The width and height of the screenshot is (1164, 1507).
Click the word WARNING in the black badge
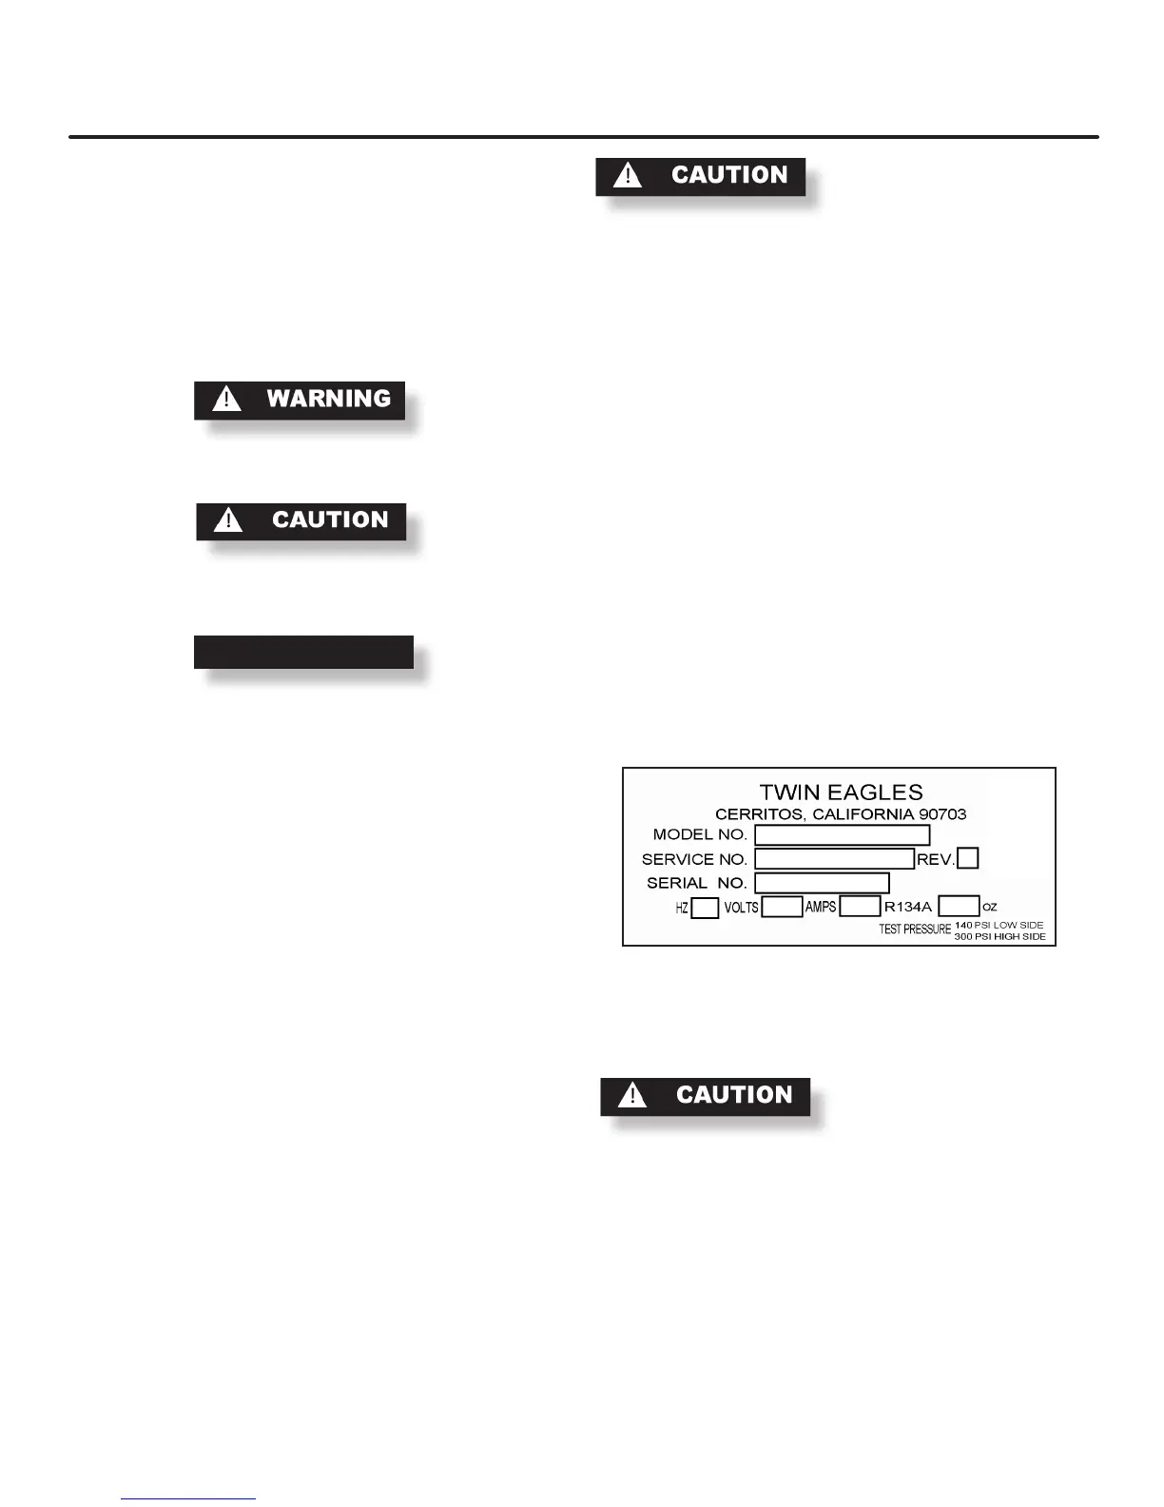tap(328, 399)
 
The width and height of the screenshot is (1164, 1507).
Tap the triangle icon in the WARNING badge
tap(226, 399)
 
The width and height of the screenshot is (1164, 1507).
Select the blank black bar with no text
tap(303, 652)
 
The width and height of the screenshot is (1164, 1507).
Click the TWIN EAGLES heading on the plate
tap(841, 793)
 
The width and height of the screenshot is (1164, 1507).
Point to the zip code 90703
tap(941, 814)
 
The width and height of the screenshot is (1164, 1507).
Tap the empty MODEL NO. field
tap(842, 835)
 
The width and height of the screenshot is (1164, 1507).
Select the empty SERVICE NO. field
tap(834, 859)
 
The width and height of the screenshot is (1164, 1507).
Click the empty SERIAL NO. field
tap(822, 883)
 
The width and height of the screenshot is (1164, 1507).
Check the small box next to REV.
tap(967, 858)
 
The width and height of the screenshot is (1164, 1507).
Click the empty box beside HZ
tap(705, 908)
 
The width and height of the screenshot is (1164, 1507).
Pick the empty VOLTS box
tap(782, 907)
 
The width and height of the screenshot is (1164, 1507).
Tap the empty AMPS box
tap(860, 907)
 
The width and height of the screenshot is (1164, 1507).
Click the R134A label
tap(908, 907)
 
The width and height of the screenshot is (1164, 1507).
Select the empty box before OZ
tap(959, 906)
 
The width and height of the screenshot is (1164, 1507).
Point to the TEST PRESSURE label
tap(915, 930)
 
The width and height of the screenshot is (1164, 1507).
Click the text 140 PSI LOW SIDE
tap(999, 925)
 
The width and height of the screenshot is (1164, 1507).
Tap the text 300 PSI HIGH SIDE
tap(999, 937)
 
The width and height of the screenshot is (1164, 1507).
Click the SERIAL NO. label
tap(697, 883)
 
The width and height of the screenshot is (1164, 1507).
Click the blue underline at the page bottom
tap(188, 1498)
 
